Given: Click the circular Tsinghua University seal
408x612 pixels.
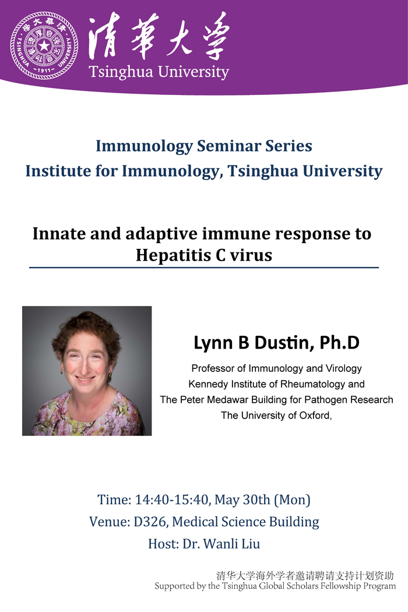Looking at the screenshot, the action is coord(43,45).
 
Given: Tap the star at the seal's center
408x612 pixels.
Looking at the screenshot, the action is coord(44,45).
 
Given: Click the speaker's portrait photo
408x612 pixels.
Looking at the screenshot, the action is coord(87,371).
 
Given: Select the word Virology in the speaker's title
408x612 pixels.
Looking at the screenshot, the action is coord(342,369).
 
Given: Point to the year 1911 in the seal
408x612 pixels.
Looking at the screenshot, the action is coord(44,71).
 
